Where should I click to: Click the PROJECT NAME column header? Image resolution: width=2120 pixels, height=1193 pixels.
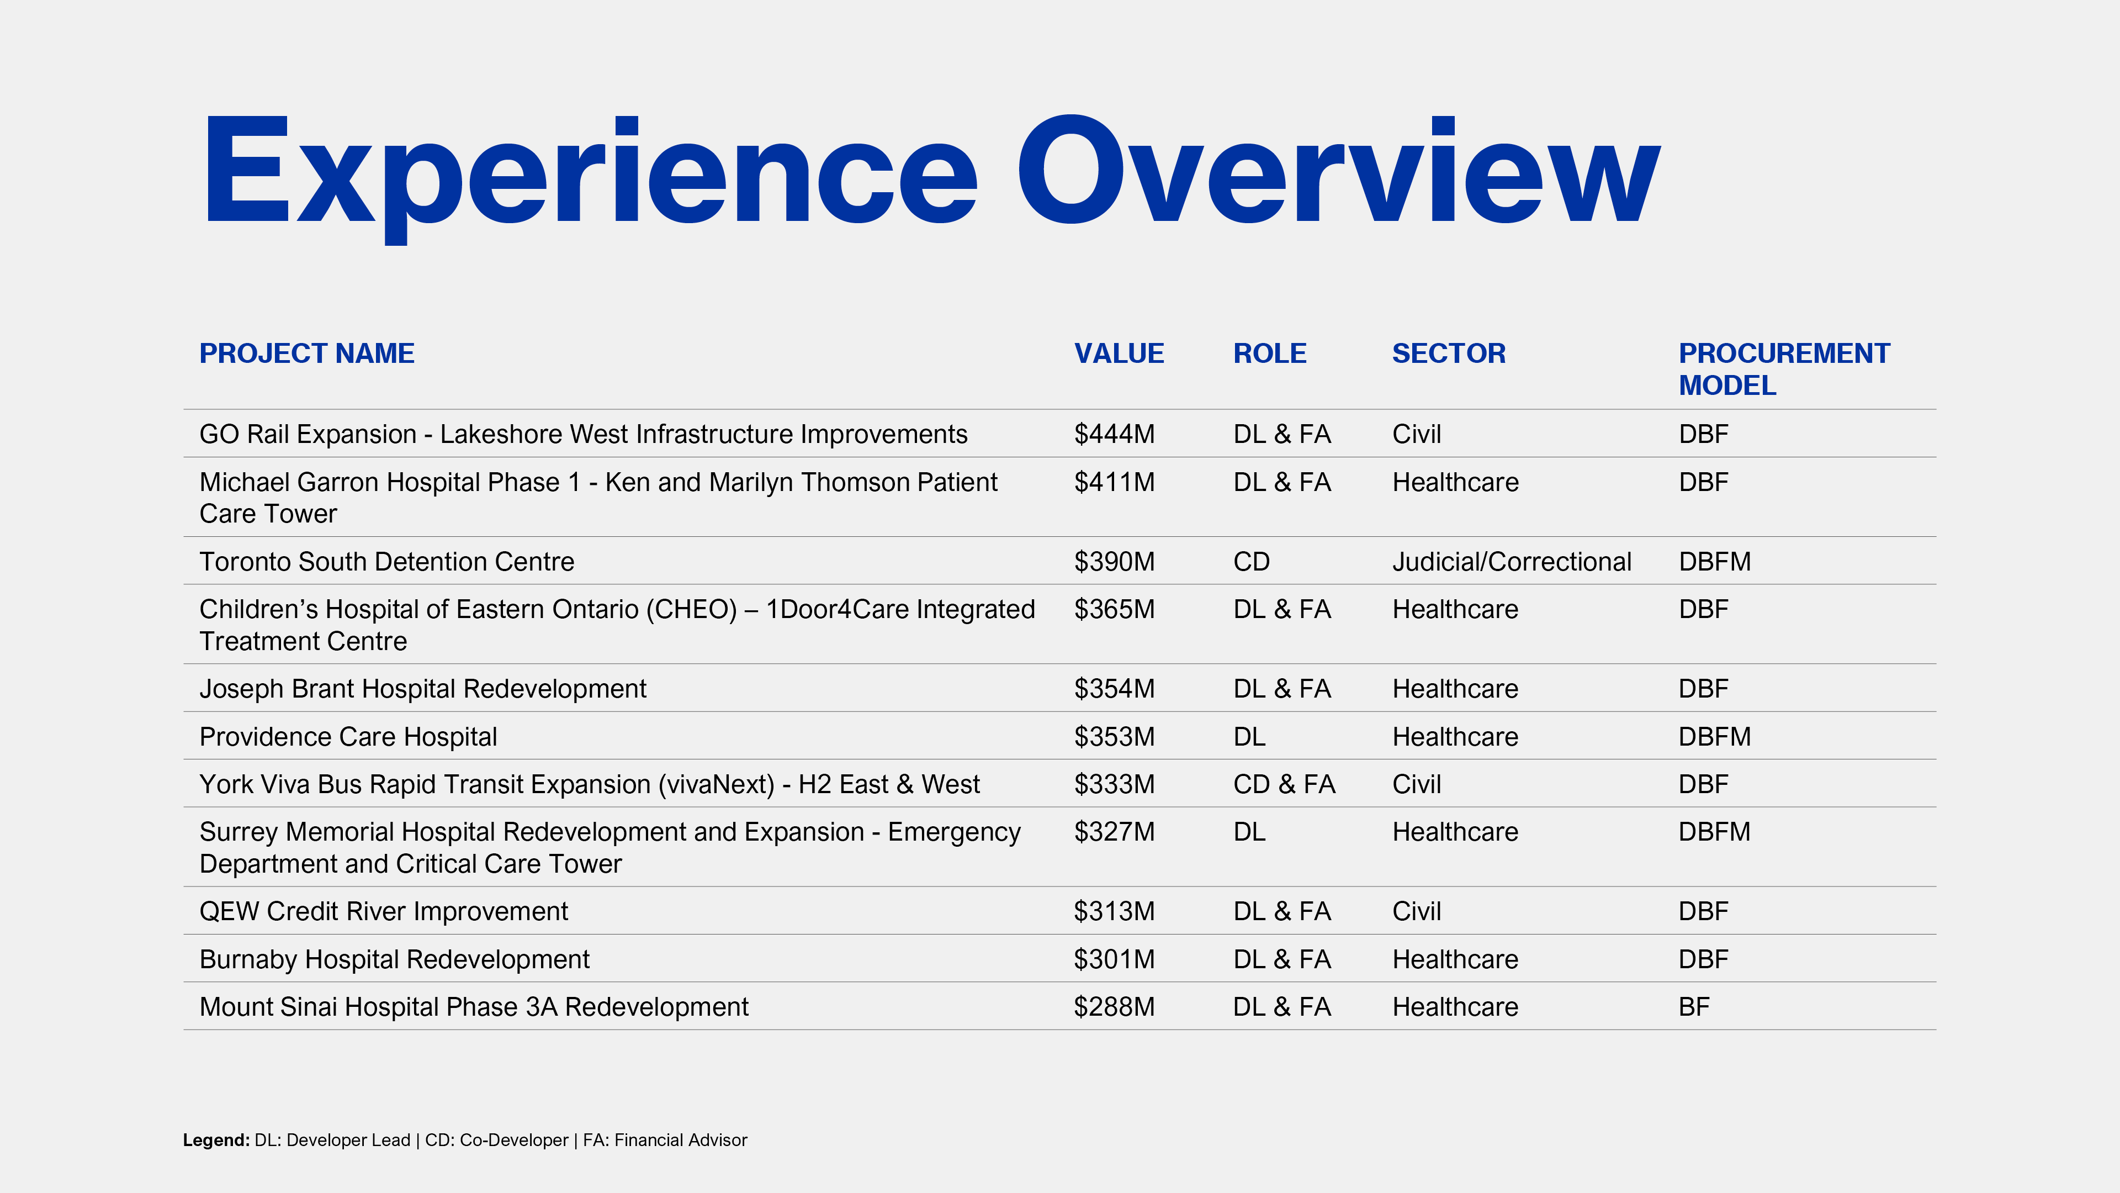(x=307, y=353)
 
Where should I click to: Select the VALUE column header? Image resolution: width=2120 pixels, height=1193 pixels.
(x=1119, y=353)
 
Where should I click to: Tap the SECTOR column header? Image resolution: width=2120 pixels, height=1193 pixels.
(x=1449, y=353)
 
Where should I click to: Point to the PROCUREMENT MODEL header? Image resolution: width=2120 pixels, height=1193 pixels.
(x=1784, y=369)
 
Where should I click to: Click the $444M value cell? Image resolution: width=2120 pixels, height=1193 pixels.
(x=1114, y=434)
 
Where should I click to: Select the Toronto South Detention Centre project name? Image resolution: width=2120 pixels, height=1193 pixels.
(x=387, y=562)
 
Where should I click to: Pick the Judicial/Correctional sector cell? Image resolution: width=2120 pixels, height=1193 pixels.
(x=1512, y=562)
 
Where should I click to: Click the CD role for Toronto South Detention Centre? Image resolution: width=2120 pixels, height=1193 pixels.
(x=1252, y=562)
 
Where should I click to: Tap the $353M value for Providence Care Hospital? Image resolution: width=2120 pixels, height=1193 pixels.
(x=1114, y=736)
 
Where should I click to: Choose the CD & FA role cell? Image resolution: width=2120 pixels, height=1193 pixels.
(x=1284, y=784)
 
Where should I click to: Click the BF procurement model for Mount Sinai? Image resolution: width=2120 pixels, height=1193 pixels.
(x=1694, y=1007)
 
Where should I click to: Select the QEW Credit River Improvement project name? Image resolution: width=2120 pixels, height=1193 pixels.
(x=384, y=911)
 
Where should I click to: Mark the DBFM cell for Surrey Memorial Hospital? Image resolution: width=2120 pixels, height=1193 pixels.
(x=1714, y=832)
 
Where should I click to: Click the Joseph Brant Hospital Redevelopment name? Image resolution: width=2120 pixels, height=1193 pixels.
(x=423, y=688)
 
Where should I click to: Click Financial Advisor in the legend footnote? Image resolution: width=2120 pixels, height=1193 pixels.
(x=681, y=1141)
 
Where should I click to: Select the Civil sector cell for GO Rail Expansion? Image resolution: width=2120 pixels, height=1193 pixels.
(x=1416, y=434)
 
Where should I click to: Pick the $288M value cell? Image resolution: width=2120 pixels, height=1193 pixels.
(x=1114, y=1007)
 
